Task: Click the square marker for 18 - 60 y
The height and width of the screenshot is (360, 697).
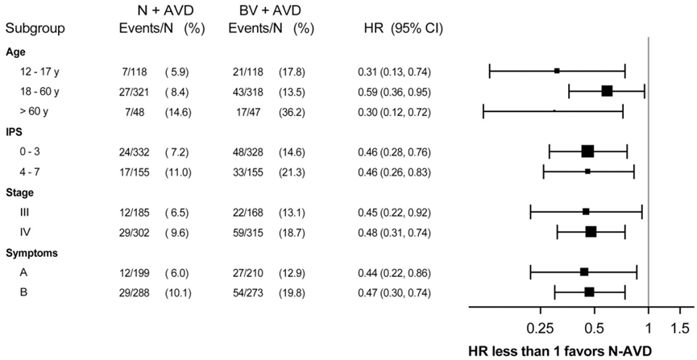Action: point(607,91)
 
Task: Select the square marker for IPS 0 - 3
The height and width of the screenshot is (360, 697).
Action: point(587,151)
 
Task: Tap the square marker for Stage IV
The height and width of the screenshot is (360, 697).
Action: point(591,232)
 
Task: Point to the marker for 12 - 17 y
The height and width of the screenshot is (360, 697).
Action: point(557,71)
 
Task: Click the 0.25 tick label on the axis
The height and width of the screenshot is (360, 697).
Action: point(541,329)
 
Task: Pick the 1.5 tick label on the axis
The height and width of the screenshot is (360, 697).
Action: point(679,329)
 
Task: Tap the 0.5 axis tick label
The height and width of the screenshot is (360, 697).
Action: point(595,329)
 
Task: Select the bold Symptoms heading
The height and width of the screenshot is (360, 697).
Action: point(25,254)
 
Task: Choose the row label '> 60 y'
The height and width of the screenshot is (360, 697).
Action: point(34,111)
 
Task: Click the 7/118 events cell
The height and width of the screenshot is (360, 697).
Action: point(133,71)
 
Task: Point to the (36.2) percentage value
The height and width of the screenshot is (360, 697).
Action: point(292,111)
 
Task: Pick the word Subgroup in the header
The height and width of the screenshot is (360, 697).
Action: point(35,30)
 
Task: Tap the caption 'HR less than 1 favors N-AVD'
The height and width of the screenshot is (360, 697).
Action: point(561,351)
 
